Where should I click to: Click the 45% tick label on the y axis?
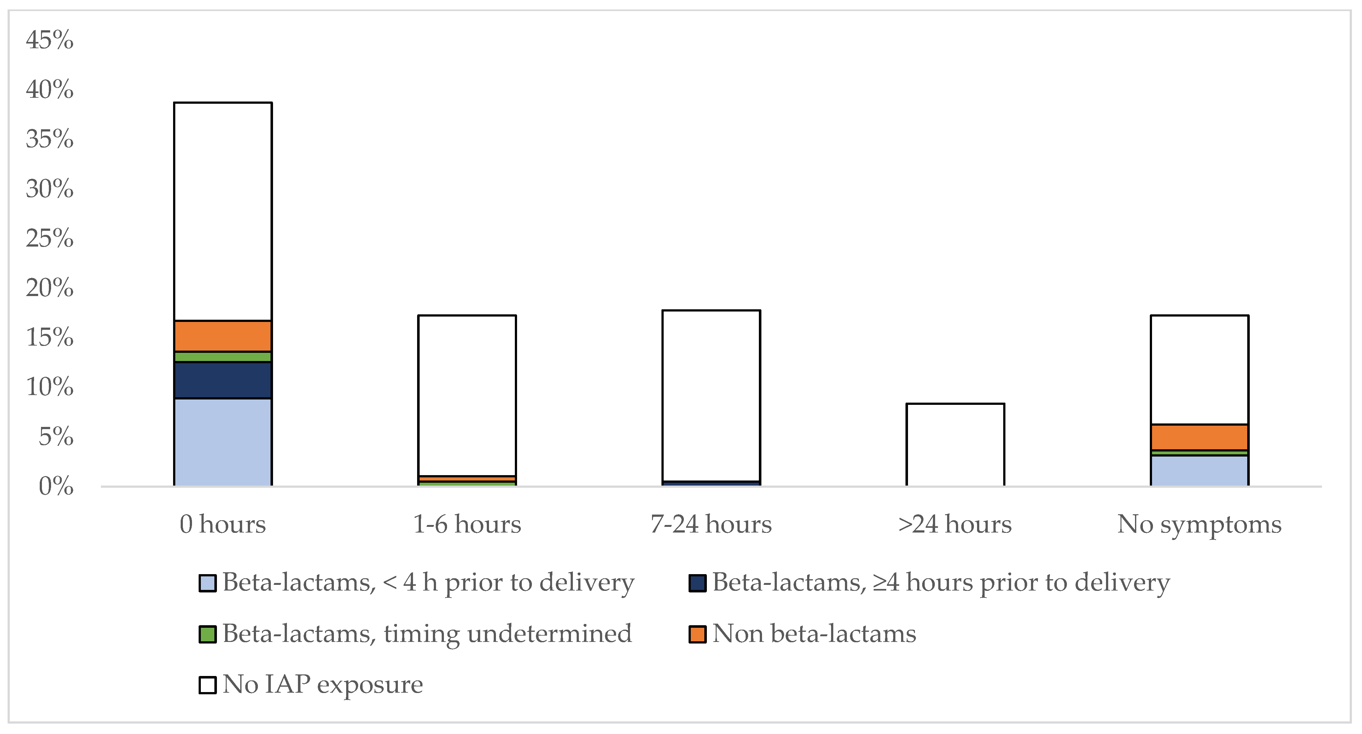coord(50,40)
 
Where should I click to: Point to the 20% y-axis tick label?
coord(50,288)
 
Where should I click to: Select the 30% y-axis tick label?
coord(50,189)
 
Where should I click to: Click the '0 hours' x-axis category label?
coord(223,525)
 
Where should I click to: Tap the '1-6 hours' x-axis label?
coord(467,525)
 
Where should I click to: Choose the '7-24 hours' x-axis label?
coord(711,525)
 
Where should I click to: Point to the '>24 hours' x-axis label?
coord(955,525)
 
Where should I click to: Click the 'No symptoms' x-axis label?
coord(1199,525)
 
